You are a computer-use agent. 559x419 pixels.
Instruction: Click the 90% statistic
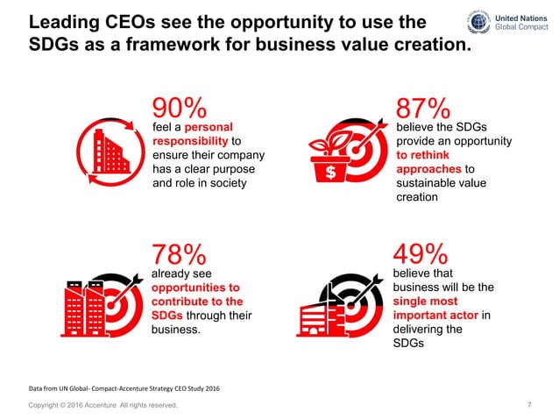(x=180, y=109)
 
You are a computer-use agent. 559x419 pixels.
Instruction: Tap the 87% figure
(x=423, y=109)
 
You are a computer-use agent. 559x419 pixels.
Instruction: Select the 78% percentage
(x=180, y=254)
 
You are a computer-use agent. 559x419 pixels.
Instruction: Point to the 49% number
(x=423, y=254)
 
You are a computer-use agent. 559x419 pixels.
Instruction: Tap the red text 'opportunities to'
(x=196, y=287)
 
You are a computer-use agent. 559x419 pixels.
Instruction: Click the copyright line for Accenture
(x=103, y=405)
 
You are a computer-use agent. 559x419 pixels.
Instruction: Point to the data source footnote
(x=124, y=387)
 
